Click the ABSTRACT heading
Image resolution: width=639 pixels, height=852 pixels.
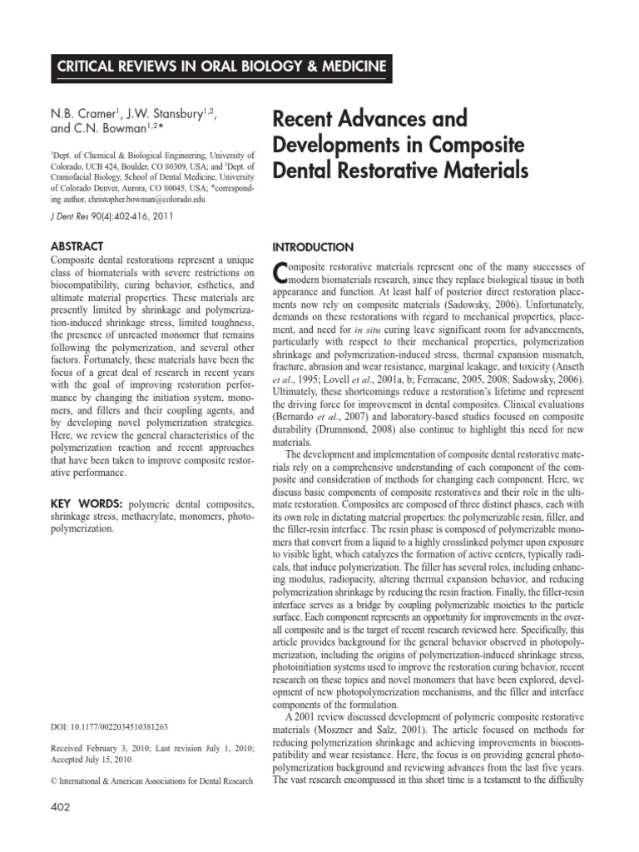[x=77, y=246]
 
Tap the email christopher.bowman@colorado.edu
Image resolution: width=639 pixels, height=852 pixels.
[x=172, y=200]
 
